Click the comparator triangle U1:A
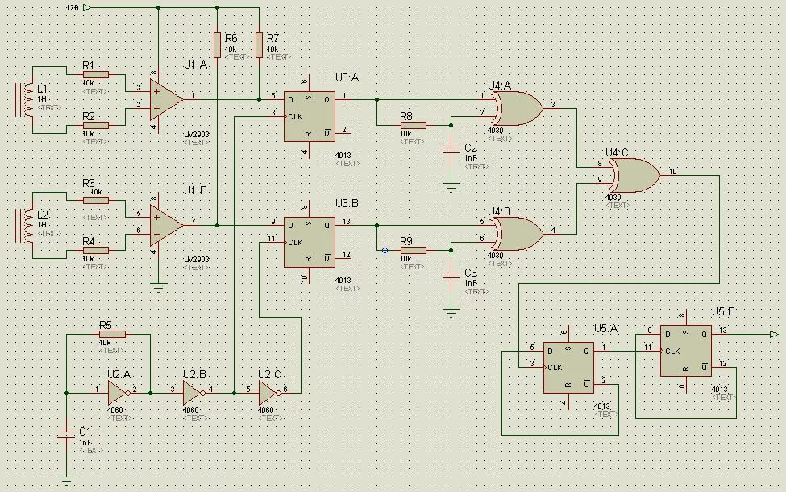tap(165, 98)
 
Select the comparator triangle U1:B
tap(165, 223)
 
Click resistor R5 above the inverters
tap(112, 335)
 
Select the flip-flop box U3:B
tap(309, 241)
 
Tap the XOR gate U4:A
tap(516, 108)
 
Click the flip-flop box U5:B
tap(685, 350)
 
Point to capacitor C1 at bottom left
tap(66, 434)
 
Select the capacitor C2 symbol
tap(451, 149)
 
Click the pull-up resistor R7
tap(259, 44)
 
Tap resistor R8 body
tap(413, 126)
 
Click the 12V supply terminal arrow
tap(86, 8)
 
